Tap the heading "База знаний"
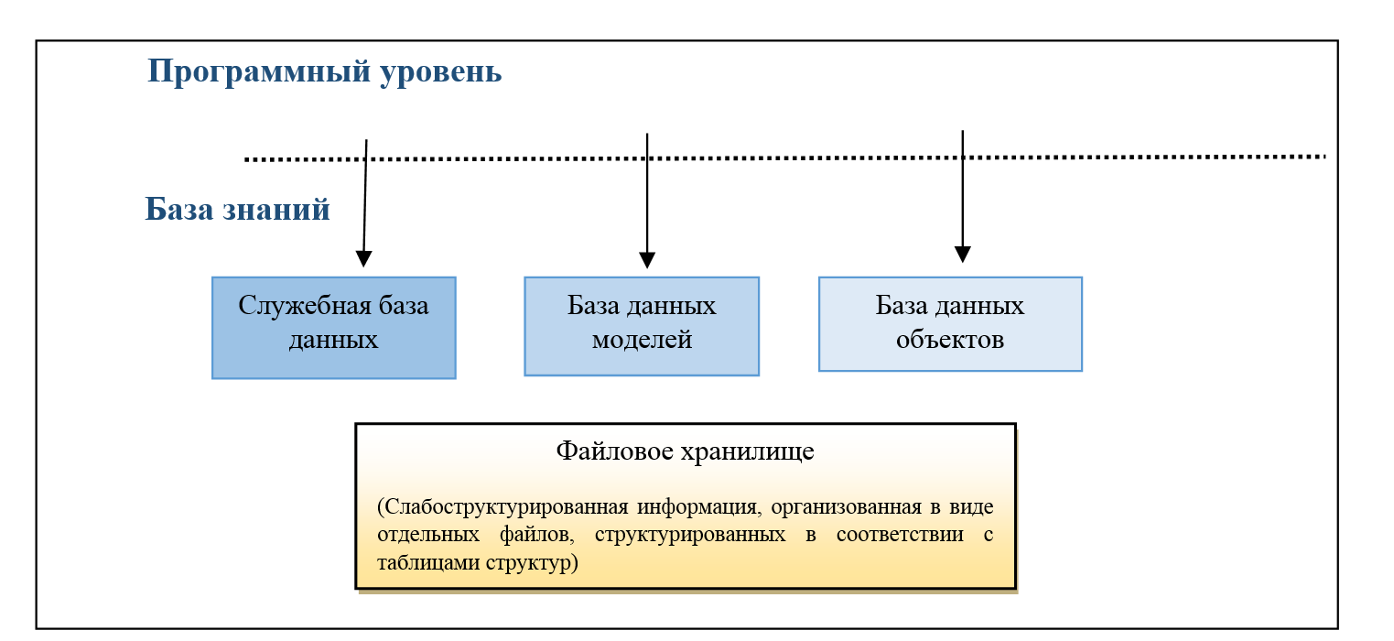pos(237,209)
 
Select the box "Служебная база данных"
pos(333,328)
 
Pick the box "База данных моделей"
pos(642,326)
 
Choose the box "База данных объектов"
pos(950,324)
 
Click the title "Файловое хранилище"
pos(686,451)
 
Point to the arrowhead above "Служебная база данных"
pos(364,259)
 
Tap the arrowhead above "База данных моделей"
pos(647,260)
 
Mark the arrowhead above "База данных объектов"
pos(963,255)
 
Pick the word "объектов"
pos(950,340)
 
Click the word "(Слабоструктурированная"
pos(502,507)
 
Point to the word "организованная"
pos(847,507)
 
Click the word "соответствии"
pos(900,535)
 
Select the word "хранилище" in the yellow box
pos(748,451)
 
